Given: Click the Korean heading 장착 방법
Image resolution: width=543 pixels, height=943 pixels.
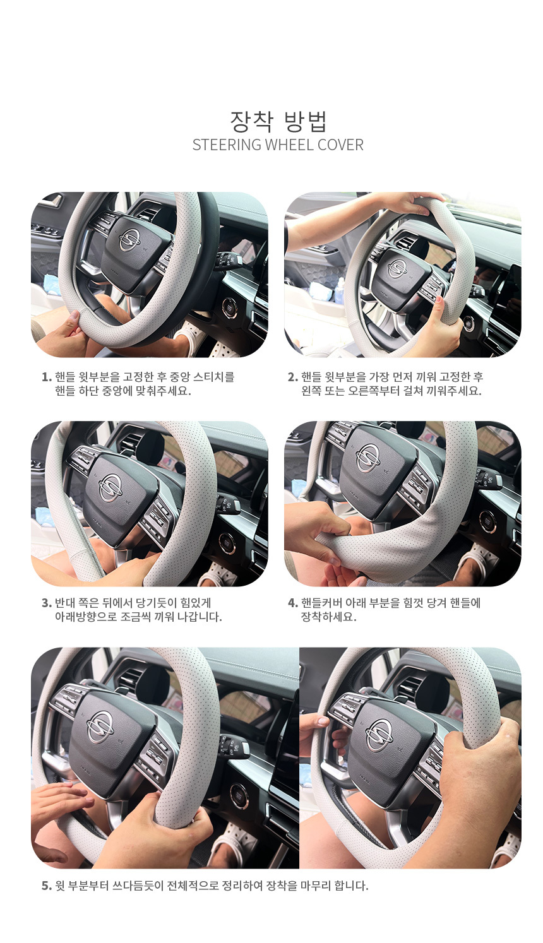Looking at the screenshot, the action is click(x=278, y=121).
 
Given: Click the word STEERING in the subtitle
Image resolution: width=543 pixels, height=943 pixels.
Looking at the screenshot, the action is click(x=227, y=145).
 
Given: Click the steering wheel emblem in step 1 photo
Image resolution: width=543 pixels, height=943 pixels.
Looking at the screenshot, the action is click(x=129, y=240).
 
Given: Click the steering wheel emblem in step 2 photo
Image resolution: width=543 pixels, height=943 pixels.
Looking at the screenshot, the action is click(x=397, y=269).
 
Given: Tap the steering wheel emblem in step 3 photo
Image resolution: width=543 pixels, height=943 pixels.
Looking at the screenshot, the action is click(x=110, y=487).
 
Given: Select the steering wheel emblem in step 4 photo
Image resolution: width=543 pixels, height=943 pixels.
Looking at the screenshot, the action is click(x=367, y=458).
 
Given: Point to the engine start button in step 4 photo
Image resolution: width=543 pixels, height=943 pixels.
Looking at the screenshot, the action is click(x=487, y=522).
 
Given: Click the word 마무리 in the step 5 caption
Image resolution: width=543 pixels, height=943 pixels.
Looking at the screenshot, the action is click(x=316, y=886).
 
